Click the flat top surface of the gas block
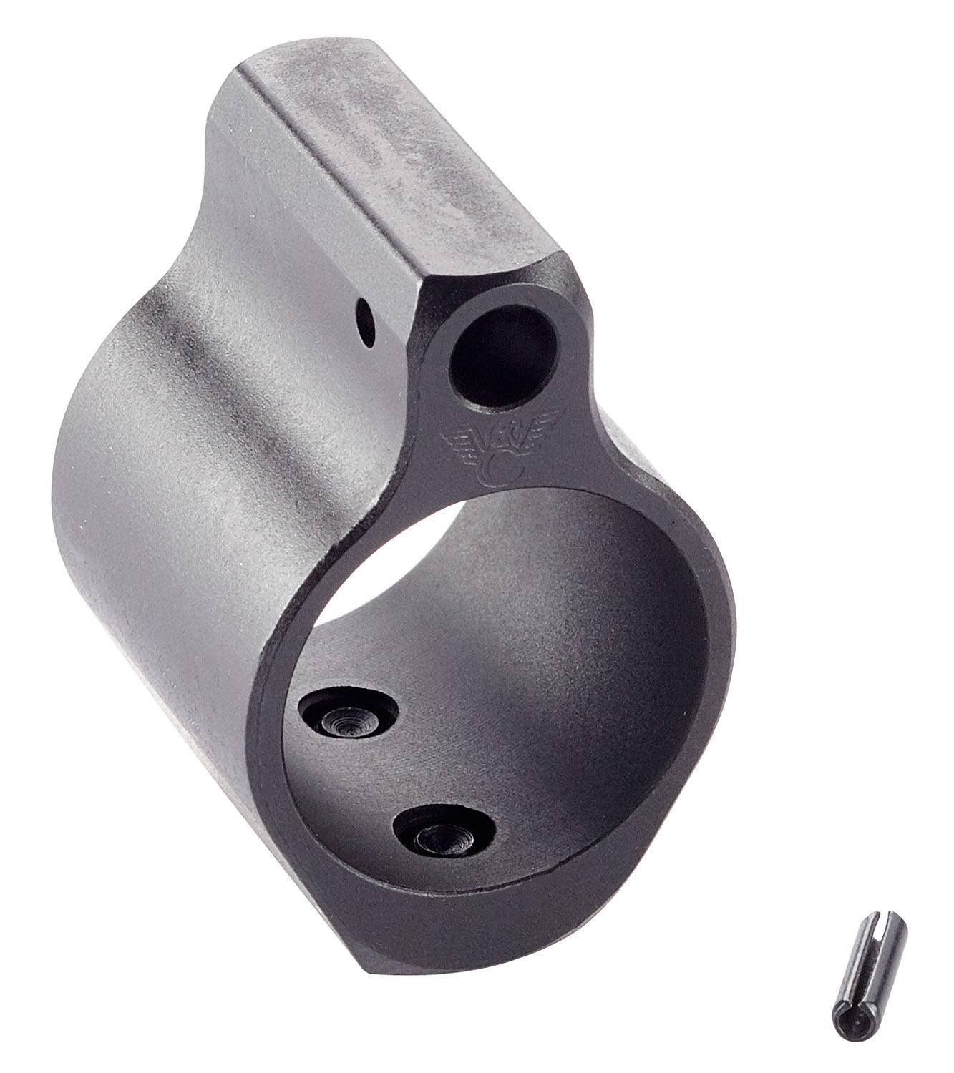pyautogui.click(x=379, y=143)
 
